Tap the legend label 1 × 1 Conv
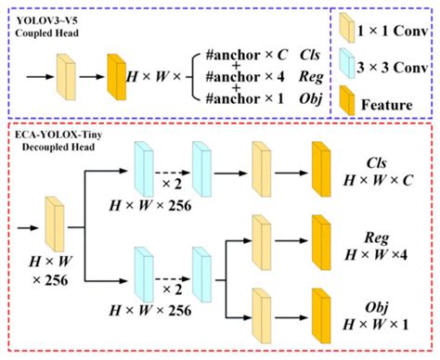click(393, 30)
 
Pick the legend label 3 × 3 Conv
click(393, 68)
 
